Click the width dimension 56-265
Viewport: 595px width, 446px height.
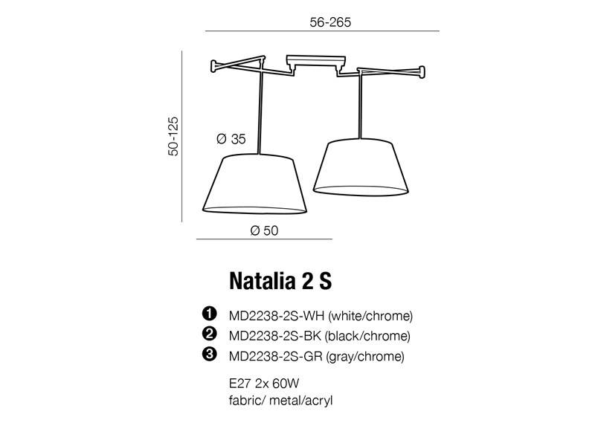[330, 22]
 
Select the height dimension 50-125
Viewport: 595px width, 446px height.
[173, 136]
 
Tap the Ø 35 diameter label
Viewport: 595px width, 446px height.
[231, 139]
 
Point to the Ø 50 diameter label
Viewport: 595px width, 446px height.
[264, 230]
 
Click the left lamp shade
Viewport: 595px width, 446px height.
[254, 184]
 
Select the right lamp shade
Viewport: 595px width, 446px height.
[361, 168]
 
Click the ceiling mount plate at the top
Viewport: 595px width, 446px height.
[316, 61]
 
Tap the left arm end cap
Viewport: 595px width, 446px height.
[214, 66]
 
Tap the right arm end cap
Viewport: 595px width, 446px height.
[421, 71]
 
